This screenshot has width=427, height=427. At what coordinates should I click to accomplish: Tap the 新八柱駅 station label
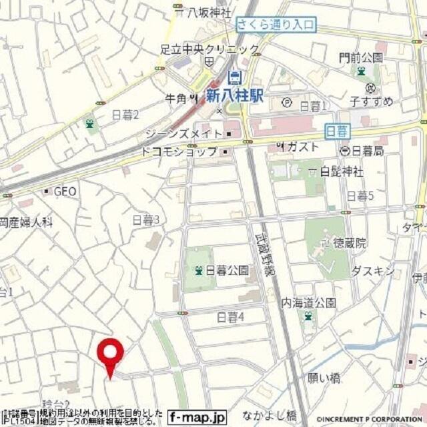click(234, 95)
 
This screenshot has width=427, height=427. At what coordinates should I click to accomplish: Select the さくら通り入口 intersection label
click(276, 25)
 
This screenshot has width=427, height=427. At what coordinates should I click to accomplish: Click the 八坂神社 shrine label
click(207, 12)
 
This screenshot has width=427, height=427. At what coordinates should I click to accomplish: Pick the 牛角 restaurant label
click(176, 99)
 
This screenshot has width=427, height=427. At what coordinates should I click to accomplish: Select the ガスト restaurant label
click(304, 146)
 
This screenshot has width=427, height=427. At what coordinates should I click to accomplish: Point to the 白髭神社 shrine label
click(341, 171)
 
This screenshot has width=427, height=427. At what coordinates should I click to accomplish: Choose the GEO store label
click(65, 191)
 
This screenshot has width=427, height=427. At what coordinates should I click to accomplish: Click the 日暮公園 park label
click(227, 270)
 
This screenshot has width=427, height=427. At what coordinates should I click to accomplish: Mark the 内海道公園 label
click(308, 302)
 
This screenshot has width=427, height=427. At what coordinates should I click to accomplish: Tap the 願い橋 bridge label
click(324, 378)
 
